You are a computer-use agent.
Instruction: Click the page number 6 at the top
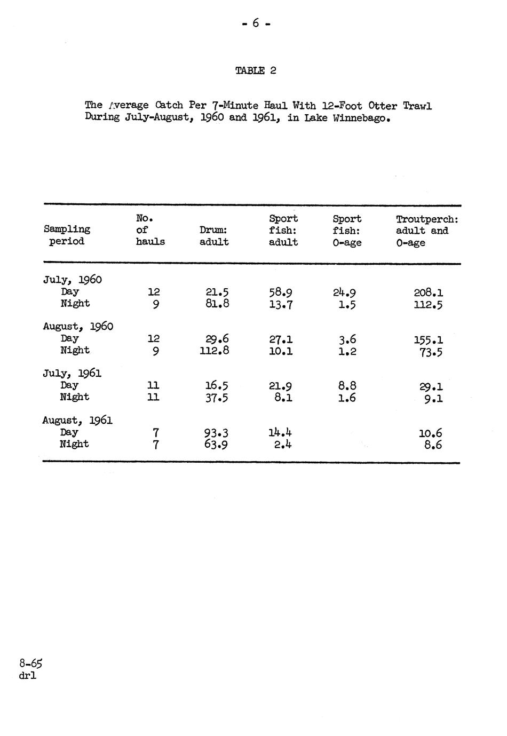(x=256, y=23)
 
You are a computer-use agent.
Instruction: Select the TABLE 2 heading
(x=256, y=70)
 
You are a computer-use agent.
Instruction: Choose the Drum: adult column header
(x=214, y=235)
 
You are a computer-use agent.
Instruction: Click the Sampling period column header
(x=67, y=235)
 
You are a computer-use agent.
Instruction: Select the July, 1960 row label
(x=72, y=280)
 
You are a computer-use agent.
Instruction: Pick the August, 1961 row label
(x=77, y=421)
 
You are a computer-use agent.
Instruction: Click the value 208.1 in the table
(x=428, y=292)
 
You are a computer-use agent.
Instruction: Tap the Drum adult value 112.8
(x=215, y=351)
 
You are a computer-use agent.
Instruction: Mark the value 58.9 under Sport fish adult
(x=281, y=292)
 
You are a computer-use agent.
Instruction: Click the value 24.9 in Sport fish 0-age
(x=344, y=292)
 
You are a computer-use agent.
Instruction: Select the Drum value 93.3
(x=216, y=433)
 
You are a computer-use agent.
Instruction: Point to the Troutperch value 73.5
(x=431, y=352)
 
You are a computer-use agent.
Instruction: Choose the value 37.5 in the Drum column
(x=217, y=398)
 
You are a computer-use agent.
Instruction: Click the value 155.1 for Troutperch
(x=428, y=340)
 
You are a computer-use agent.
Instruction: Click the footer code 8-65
(x=30, y=663)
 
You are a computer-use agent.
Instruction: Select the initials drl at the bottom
(x=27, y=676)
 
